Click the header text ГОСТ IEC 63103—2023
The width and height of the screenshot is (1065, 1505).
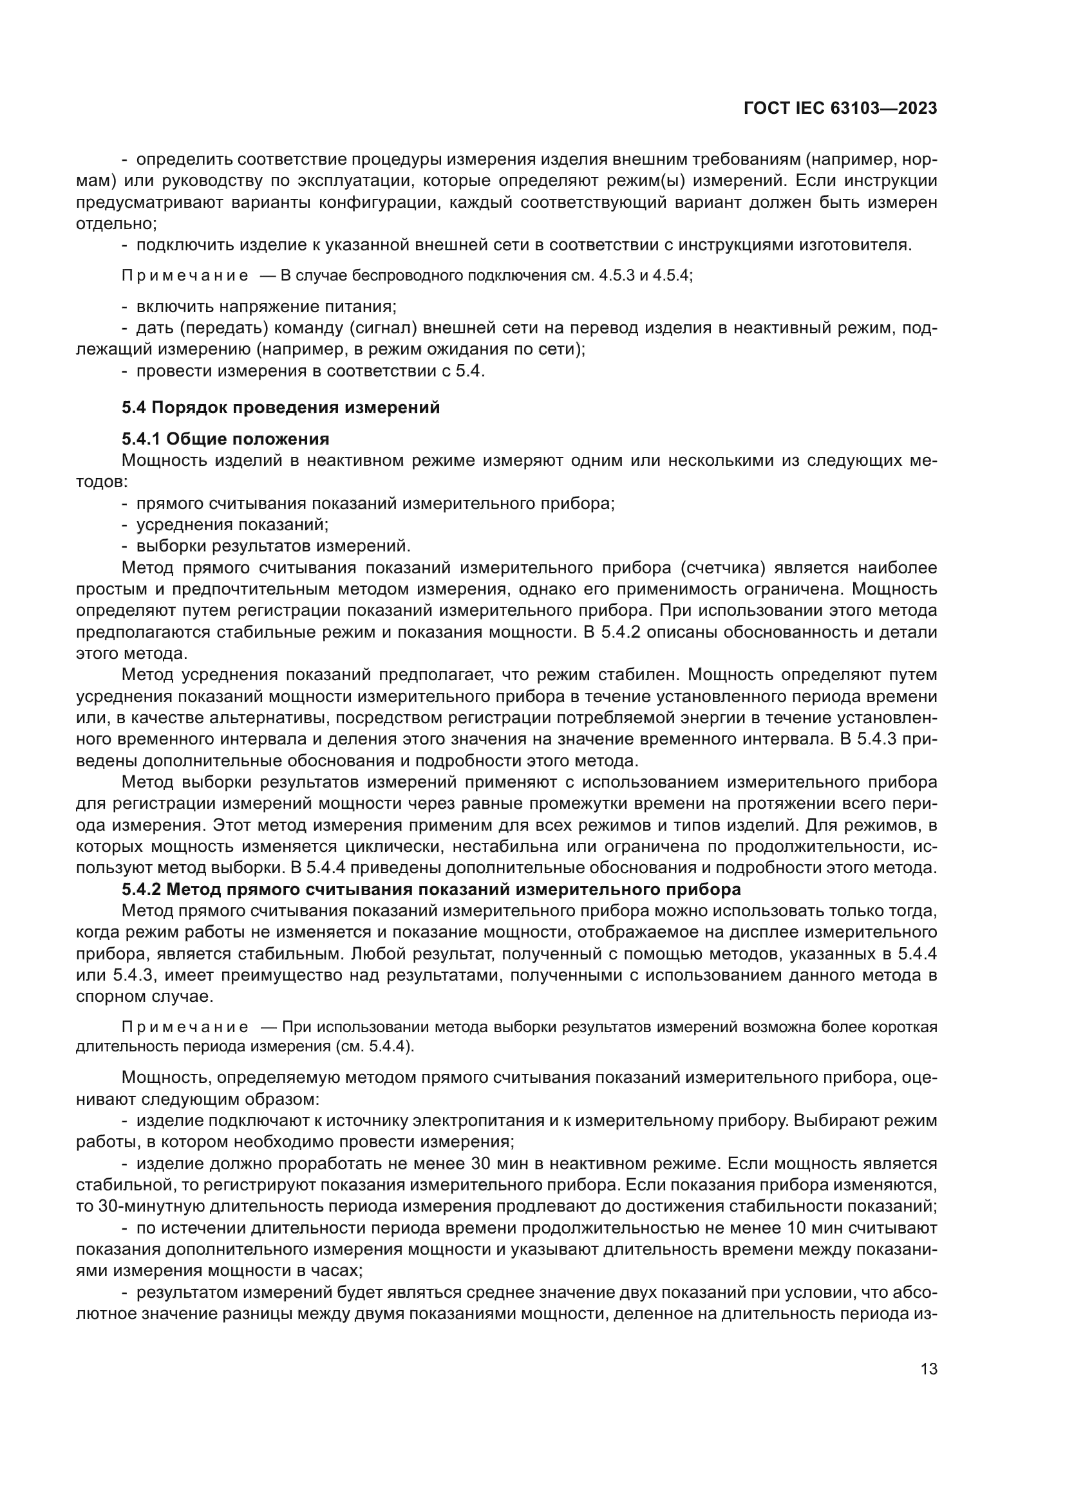pos(840,109)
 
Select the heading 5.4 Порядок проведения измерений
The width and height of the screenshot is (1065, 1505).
pos(281,408)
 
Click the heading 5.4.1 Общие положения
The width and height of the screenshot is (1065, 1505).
pos(225,439)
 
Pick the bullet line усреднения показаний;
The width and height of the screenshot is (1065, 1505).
pos(232,524)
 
